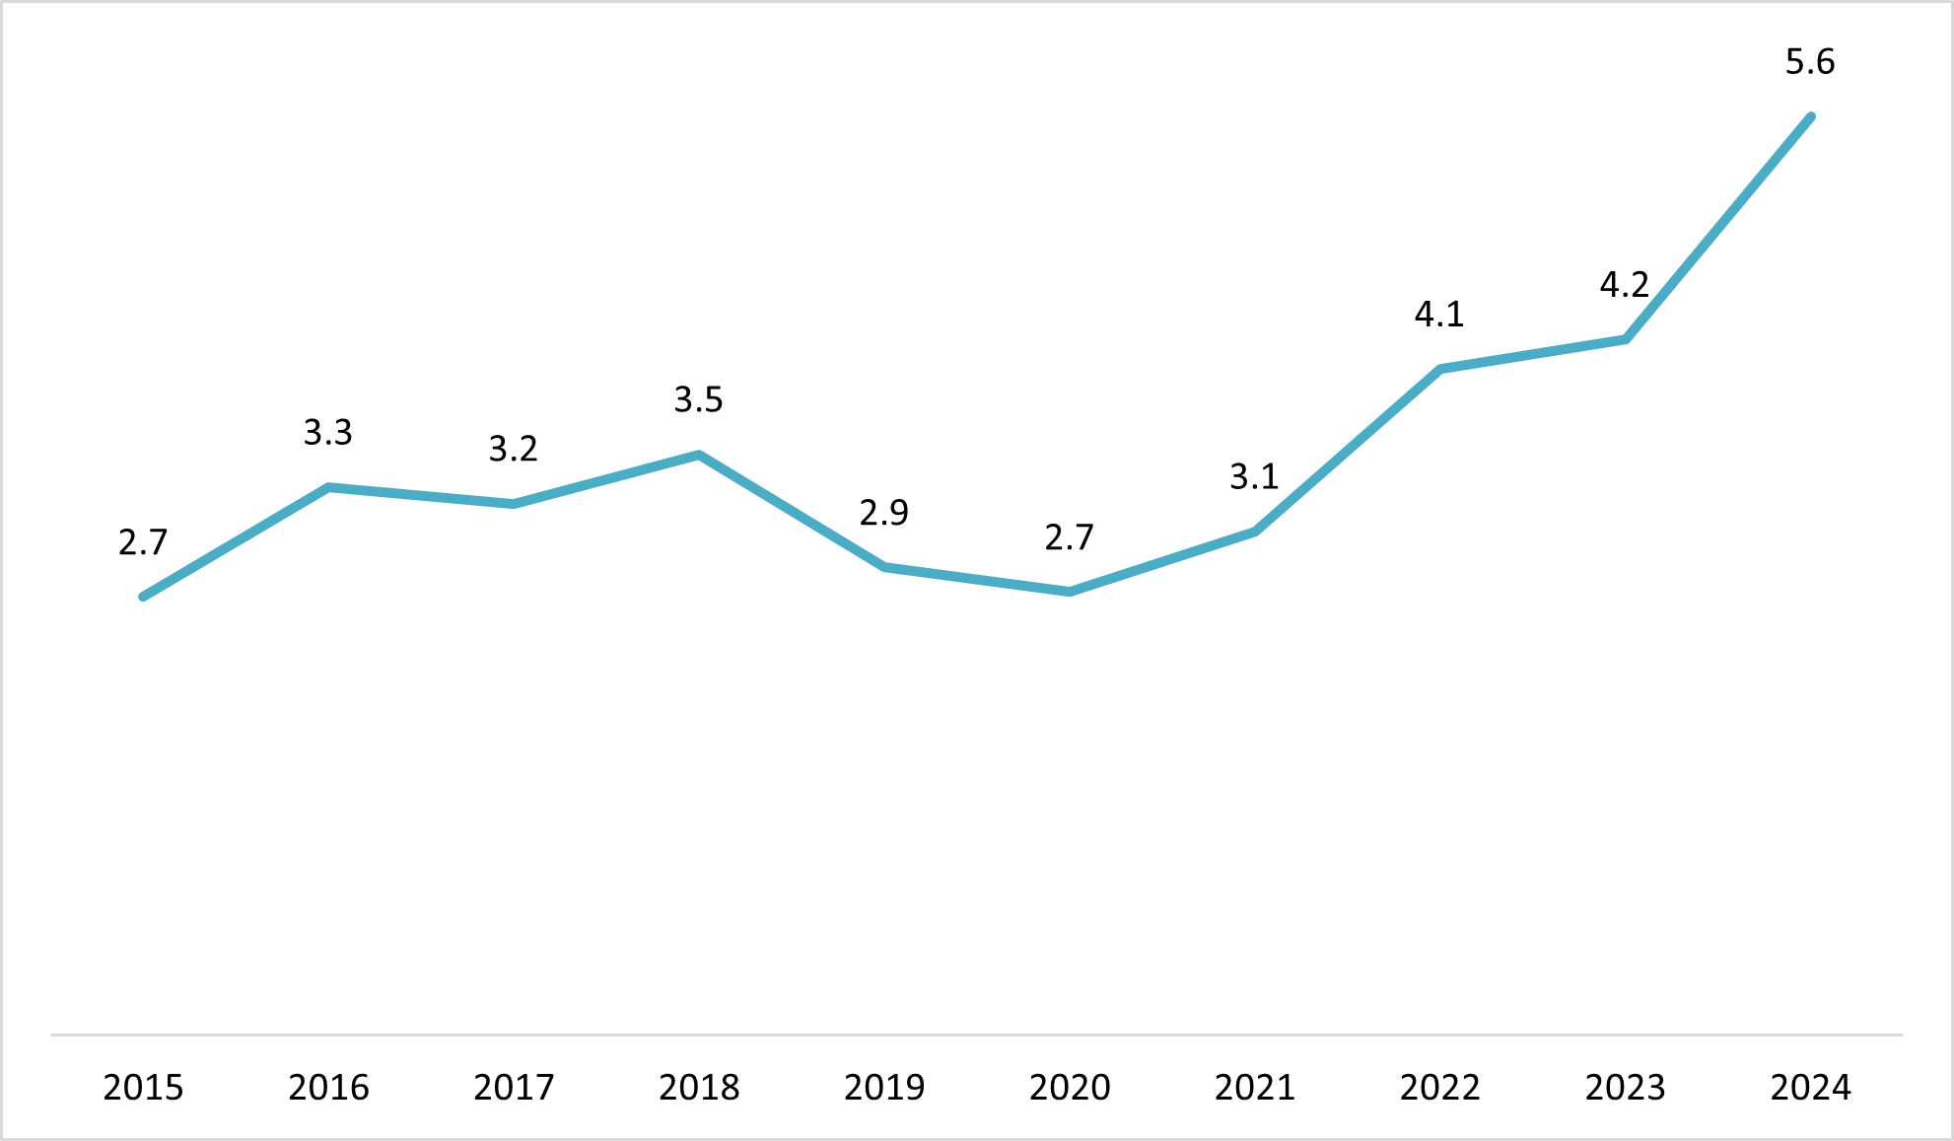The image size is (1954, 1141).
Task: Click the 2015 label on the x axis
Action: pos(143,1087)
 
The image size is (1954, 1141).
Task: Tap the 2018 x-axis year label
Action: pos(699,1087)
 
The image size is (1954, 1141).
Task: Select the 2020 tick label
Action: pos(1070,1087)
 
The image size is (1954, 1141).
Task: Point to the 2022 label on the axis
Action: pos(1440,1087)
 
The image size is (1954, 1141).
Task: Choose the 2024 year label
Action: pos(1810,1087)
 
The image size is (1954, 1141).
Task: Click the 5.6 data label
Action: pos(1810,62)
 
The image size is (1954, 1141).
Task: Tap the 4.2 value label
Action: pos(1624,285)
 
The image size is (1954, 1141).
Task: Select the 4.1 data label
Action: pos(1439,315)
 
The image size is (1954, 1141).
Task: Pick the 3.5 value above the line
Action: pos(698,399)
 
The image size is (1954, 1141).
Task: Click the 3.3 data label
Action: pos(327,432)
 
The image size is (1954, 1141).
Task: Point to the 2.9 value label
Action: pos(883,513)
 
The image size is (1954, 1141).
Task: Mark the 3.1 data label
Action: pos(1254,477)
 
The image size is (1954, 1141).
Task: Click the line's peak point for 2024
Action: pos(1811,117)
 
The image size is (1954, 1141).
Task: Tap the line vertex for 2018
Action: pos(699,455)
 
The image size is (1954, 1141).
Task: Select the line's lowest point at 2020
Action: pos(1070,592)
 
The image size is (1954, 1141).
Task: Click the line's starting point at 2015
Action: pos(144,597)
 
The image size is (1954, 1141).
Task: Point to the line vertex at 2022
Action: pos(1440,369)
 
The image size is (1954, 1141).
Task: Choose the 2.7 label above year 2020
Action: pos(1069,537)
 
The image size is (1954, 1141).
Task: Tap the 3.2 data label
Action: pos(513,449)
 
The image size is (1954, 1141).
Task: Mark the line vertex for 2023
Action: pos(1626,339)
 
